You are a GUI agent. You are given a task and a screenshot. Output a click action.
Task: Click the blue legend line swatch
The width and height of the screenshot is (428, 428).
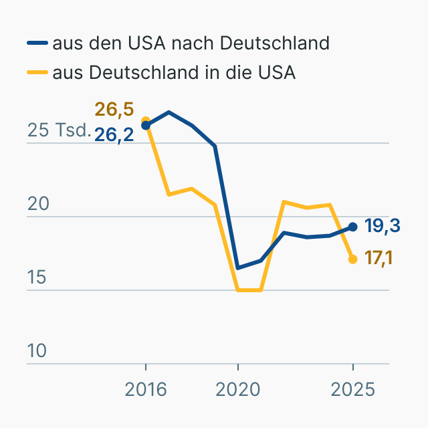[37, 44]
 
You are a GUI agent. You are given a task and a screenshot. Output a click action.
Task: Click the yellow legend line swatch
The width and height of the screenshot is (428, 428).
[37, 72]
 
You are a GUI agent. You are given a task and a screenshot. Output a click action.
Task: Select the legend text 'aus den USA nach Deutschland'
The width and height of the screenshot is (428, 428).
[191, 43]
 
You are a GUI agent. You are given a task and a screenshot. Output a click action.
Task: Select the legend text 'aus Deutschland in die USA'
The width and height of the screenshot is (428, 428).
[174, 72]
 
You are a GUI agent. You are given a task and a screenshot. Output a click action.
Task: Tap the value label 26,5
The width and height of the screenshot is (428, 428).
[114, 109]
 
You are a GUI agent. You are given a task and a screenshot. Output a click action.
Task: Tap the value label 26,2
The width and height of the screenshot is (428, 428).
[114, 134]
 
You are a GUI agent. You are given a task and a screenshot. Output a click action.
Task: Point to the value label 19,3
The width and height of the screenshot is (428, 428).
[383, 226]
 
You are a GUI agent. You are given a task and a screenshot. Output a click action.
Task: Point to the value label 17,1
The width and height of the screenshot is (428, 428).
[379, 257]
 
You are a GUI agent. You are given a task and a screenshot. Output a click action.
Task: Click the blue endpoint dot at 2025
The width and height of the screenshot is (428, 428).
[353, 227]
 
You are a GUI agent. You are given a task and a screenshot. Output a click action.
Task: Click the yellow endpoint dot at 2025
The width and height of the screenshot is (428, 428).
[353, 259]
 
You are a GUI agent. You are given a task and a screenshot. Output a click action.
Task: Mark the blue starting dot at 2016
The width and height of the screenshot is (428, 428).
[146, 125]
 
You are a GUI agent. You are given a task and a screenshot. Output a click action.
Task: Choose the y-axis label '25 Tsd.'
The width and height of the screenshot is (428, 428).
[59, 130]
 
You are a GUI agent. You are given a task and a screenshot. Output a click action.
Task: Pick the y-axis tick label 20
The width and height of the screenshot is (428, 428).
[37, 204]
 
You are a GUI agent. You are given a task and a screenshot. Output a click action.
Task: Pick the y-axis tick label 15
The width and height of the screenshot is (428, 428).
[37, 278]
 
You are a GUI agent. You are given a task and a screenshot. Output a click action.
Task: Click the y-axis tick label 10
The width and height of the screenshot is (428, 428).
[37, 351]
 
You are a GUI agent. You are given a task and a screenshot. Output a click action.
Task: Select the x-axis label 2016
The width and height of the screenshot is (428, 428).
[146, 389]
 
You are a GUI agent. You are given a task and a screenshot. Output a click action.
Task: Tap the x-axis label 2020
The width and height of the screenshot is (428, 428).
[237, 389]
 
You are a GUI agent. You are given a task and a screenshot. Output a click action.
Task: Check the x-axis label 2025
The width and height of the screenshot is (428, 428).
[353, 389]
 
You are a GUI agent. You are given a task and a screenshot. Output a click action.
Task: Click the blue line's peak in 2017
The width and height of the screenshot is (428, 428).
[169, 112]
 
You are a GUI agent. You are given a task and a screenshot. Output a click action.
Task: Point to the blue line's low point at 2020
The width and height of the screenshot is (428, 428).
[237, 268]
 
